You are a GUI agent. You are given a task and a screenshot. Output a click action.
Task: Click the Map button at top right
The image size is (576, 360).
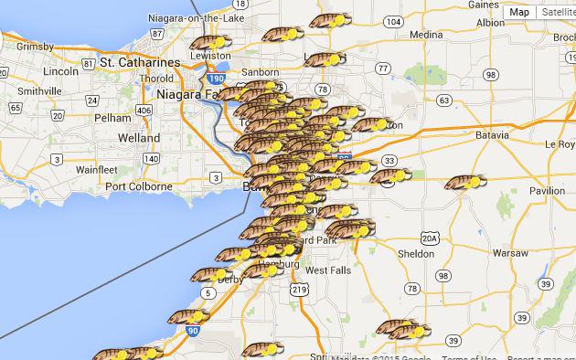coord(519,12)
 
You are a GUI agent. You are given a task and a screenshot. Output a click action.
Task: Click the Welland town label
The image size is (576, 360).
coord(140,138)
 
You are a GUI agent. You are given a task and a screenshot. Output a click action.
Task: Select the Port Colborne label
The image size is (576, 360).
coord(139,186)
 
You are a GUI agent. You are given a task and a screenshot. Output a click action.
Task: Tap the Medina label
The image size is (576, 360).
coord(425,35)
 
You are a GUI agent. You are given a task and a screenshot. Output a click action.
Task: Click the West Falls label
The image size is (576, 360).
coord(327,270)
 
